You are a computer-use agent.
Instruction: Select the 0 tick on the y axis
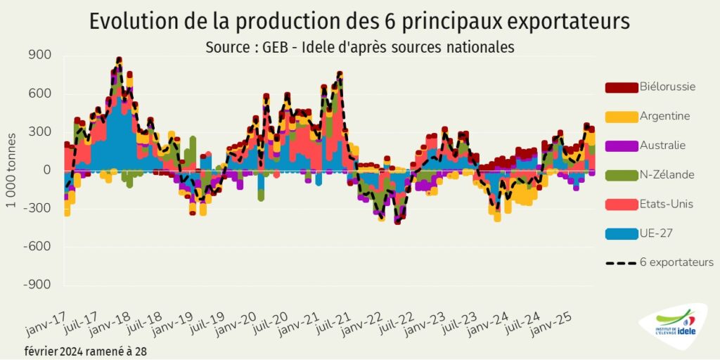(x=46, y=170)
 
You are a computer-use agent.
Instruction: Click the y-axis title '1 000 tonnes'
(x=12, y=171)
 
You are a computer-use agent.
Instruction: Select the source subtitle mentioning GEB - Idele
(x=360, y=47)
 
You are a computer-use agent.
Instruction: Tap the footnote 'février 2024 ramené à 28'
(x=86, y=350)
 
